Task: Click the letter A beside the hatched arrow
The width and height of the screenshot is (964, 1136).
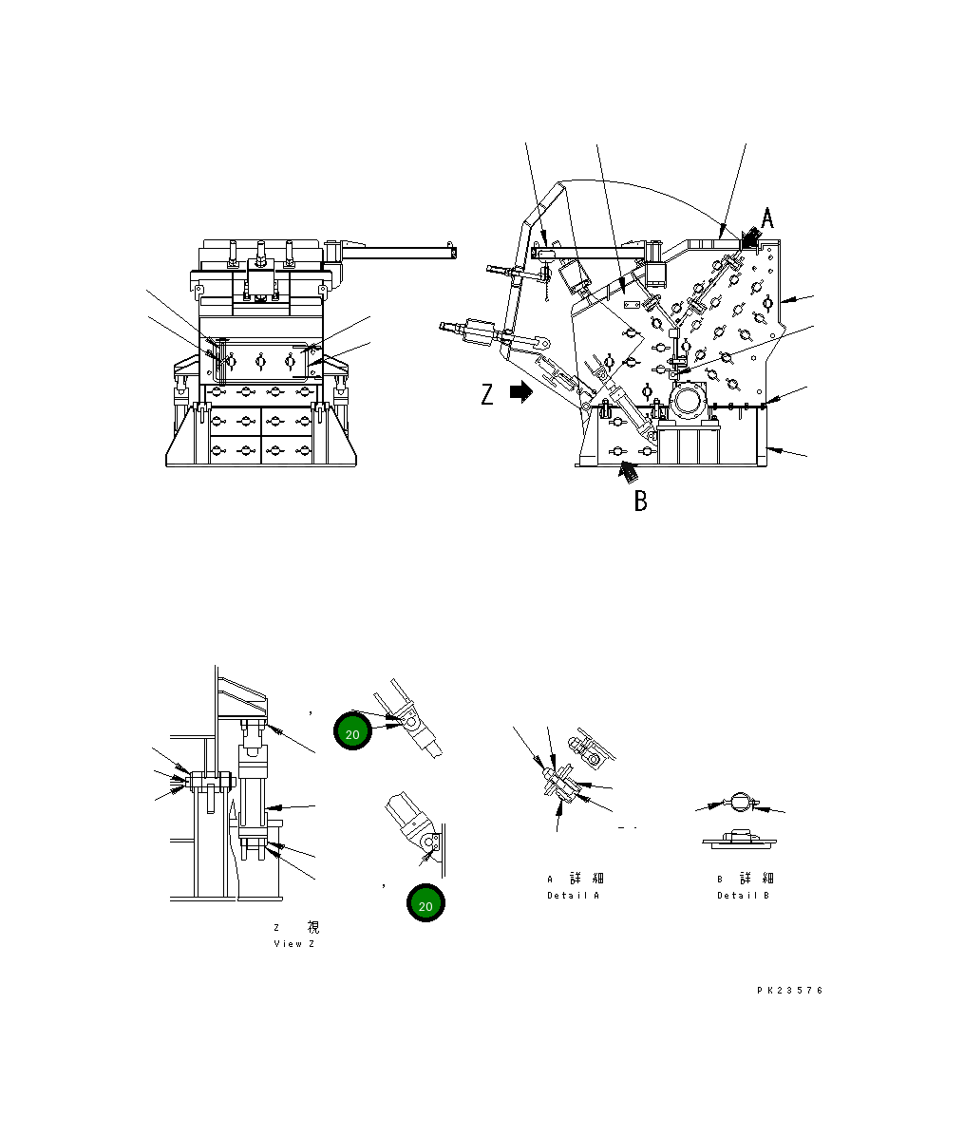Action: pos(767,218)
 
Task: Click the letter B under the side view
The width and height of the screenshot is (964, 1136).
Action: pos(641,501)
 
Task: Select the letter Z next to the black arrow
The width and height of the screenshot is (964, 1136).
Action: pos(487,393)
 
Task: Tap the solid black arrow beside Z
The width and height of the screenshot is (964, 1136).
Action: pos(521,392)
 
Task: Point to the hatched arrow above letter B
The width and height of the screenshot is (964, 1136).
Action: pos(628,469)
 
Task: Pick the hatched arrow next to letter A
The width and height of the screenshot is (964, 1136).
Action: pos(751,237)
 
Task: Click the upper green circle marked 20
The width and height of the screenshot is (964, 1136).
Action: pos(352,733)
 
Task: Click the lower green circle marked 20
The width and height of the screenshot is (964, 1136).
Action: pos(425,905)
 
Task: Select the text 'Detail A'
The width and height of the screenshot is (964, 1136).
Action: pos(573,896)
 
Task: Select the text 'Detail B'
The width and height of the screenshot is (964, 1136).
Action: pos(743,896)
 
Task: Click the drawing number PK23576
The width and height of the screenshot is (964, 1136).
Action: pos(790,991)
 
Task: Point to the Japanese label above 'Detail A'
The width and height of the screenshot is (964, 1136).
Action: pos(576,879)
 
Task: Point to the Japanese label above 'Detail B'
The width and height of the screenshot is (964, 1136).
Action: pos(746,879)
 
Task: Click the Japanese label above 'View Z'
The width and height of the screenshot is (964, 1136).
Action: pos(295,927)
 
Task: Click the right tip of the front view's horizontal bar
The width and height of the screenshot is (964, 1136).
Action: pos(453,253)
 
